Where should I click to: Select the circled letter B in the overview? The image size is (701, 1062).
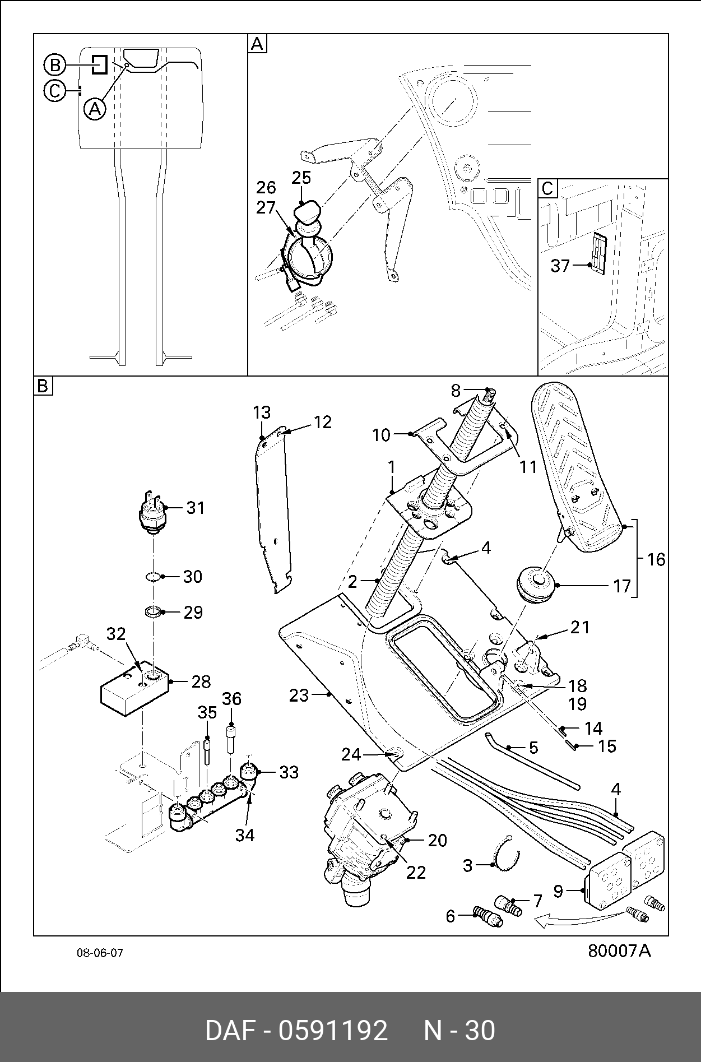55,66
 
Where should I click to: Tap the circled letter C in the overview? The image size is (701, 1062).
55,90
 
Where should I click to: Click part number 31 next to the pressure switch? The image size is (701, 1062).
196,508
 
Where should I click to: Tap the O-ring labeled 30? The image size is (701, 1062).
152,577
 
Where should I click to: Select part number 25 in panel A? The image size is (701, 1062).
301,178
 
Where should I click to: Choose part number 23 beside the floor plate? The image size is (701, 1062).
299,695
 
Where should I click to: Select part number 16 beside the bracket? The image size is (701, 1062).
656,559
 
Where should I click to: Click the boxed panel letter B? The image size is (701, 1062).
43,386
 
